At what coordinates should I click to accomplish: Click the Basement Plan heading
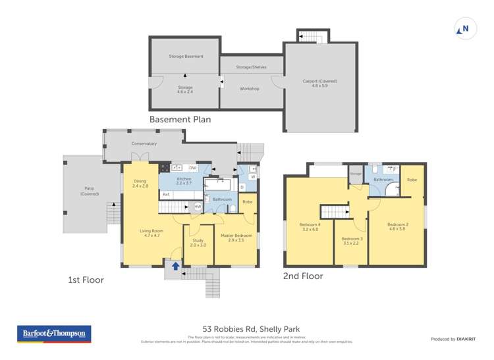point(180,120)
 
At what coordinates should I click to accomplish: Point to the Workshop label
point(249,88)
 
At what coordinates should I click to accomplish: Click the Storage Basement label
point(186,57)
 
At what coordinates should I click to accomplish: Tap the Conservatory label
point(144,143)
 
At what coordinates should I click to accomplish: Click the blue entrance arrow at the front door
point(175,267)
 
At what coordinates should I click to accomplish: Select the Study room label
point(198,242)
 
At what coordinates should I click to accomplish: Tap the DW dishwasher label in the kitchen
point(193,168)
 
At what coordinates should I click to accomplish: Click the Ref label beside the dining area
point(166,195)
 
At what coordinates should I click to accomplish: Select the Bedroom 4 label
point(310,227)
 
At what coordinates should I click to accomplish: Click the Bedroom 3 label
point(352,241)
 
